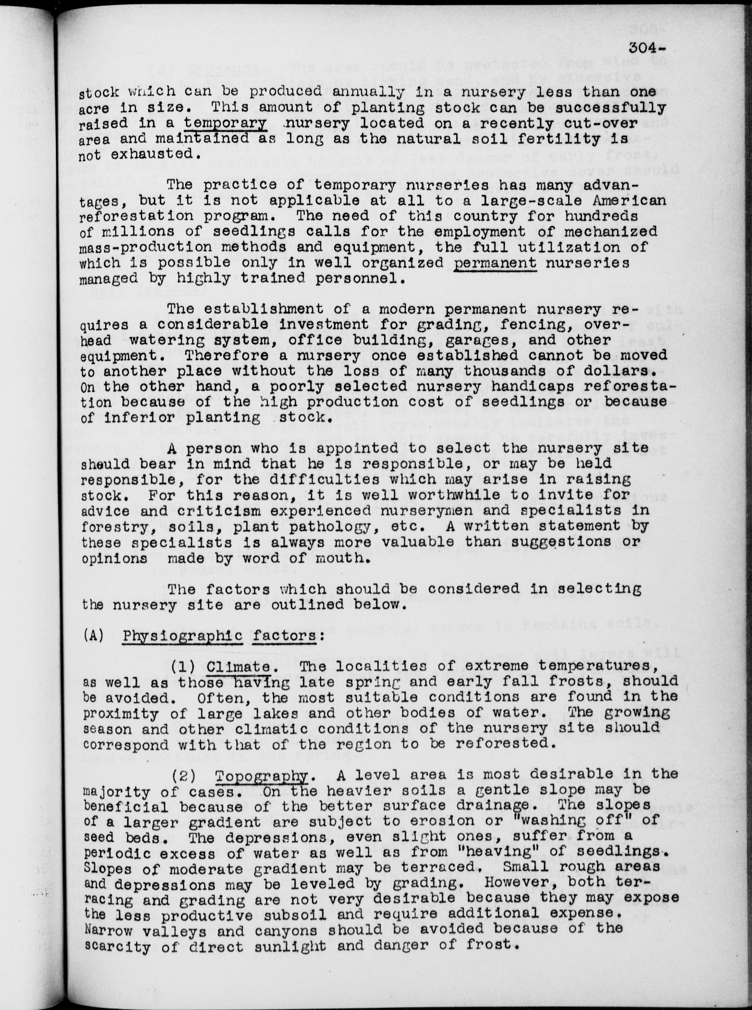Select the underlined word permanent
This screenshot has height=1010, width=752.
click(x=495, y=263)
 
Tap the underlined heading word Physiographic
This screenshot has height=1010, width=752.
click(x=182, y=635)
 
